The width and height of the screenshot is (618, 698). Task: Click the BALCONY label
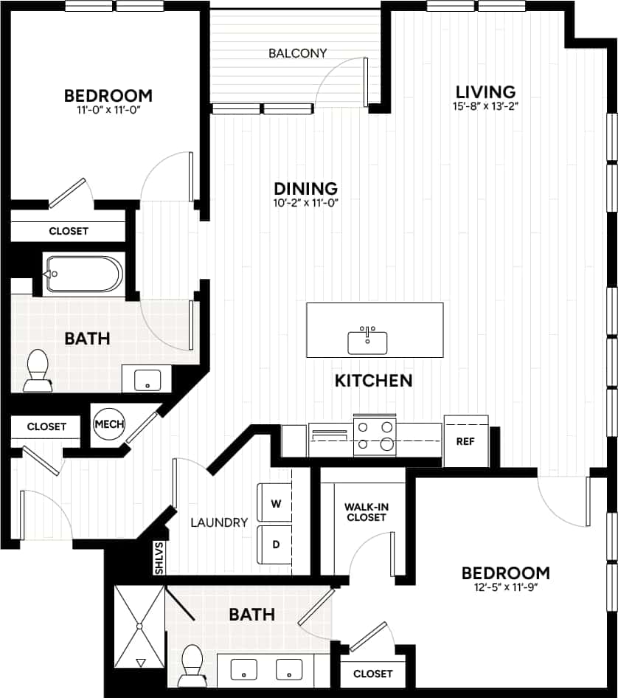pyautogui.click(x=297, y=53)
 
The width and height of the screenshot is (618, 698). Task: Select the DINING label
pyautogui.click(x=305, y=188)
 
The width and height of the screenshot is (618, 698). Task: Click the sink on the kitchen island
pyautogui.click(x=367, y=342)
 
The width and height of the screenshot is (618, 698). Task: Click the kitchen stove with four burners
pyautogui.click(x=375, y=435)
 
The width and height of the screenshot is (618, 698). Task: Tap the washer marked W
pyautogui.click(x=276, y=504)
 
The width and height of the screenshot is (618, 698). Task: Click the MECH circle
pyautogui.click(x=109, y=424)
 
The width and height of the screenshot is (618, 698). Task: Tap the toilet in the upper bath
pyautogui.click(x=37, y=371)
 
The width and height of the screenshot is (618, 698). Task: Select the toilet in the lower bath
pyautogui.click(x=193, y=664)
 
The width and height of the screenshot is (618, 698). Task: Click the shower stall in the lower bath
pyautogui.click(x=139, y=626)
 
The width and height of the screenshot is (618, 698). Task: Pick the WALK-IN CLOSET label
pyautogui.click(x=366, y=512)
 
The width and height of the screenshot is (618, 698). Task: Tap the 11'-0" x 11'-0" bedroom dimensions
pyautogui.click(x=108, y=109)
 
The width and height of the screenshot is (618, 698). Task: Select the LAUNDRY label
pyautogui.click(x=219, y=522)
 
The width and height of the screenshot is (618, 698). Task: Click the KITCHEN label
pyautogui.click(x=373, y=381)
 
